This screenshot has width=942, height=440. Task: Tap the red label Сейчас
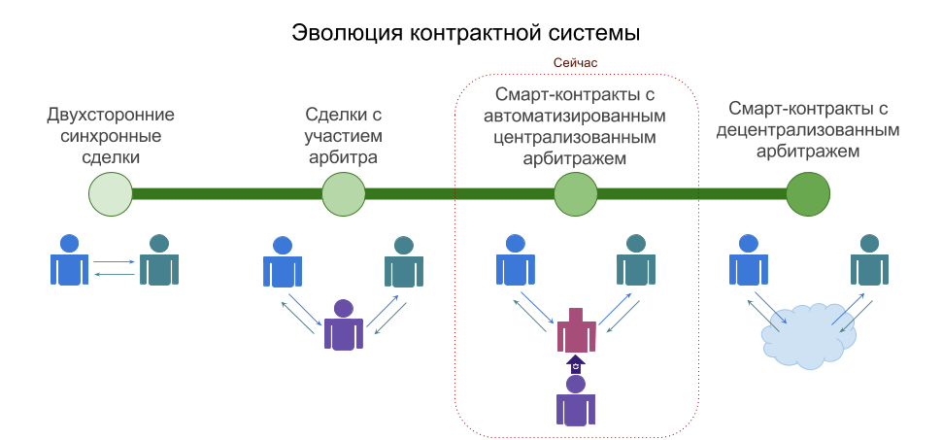pos(576,62)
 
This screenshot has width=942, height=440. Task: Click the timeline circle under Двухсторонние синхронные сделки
pos(110,194)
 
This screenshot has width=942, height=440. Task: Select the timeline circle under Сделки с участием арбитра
pos(343,194)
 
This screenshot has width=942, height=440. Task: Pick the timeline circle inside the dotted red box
pos(576,194)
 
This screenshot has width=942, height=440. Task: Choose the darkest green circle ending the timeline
pos(808,194)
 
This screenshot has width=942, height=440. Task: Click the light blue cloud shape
pos(809,332)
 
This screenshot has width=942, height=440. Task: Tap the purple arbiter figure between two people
pos(343,324)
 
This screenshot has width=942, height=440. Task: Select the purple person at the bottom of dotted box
pos(576,400)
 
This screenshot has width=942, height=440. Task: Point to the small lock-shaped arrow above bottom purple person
pos(576,364)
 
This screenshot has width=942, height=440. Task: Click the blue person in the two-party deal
pos(69,259)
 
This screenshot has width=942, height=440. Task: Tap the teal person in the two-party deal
pos(158,259)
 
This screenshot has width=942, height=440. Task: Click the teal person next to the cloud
pos(870,259)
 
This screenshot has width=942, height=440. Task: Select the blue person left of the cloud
pos(747,259)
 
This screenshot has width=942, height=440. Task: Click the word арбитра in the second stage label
pos(343,156)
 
